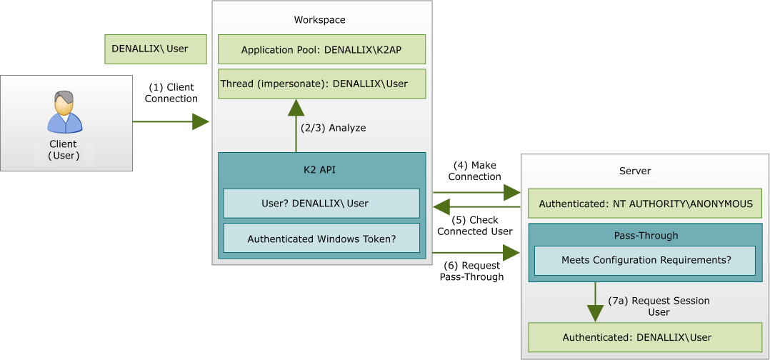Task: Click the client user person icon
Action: click(x=65, y=113)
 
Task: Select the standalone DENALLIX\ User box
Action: click(x=155, y=49)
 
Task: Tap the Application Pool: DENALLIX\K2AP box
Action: click(x=321, y=50)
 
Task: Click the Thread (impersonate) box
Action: click(x=321, y=84)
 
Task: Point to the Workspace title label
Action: click(x=319, y=20)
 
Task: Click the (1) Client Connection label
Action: click(x=171, y=93)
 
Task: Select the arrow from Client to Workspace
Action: click(x=171, y=122)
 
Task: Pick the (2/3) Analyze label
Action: click(x=333, y=128)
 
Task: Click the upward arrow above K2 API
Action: click(x=296, y=126)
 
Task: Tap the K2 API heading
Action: click(x=321, y=171)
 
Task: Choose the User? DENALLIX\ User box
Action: click(x=321, y=203)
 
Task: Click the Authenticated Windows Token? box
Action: click(x=321, y=239)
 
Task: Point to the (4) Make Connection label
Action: click(x=474, y=171)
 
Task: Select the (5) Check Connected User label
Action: click(x=474, y=226)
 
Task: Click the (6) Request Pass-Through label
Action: click(x=471, y=271)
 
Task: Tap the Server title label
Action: click(x=634, y=171)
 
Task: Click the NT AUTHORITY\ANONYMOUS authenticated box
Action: click(x=645, y=204)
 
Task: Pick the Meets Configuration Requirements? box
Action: click(x=646, y=260)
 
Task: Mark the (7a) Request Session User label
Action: click(x=659, y=306)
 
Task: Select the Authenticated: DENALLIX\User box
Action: click(x=645, y=337)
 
